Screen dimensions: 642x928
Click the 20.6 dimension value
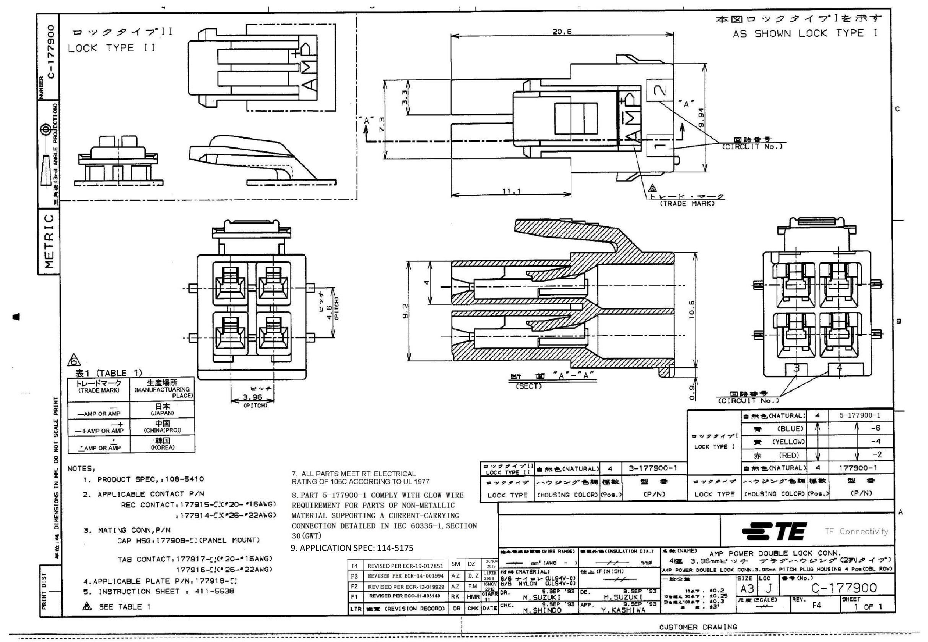click(562, 31)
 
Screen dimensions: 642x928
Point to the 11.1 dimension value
click(511, 191)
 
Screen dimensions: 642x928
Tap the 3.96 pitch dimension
click(252, 397)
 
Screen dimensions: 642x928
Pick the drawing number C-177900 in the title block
click(843, 588)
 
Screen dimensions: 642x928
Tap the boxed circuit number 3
click(796, 368)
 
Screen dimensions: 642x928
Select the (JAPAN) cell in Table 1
click(162, 413)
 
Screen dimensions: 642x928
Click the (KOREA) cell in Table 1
click(162, 447)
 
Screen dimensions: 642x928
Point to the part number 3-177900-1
click(655, 468)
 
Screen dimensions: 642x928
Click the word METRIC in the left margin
click(49, 242)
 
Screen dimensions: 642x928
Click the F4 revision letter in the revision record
click(354, 566)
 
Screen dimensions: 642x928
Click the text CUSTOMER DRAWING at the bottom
click(698, 627)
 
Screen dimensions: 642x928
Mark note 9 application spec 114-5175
click(352, 548)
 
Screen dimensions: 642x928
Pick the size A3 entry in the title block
click(746, 588)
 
